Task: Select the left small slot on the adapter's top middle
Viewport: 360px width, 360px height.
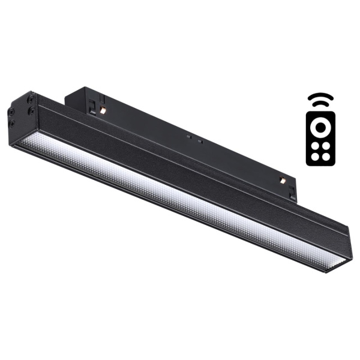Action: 188,137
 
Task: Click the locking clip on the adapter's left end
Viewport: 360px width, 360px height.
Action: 93,106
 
